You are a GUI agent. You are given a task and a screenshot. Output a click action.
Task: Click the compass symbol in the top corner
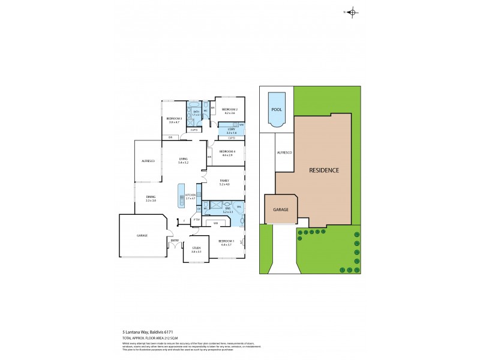pos(352,12)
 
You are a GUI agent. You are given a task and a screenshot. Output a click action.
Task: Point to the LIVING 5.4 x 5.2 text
pos(183,160)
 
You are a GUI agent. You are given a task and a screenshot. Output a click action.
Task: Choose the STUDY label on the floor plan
pos(196,248)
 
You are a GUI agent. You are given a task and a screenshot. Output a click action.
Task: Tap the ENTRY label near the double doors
pos(175,241)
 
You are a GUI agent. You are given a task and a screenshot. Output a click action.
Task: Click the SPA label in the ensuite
pos(239,208)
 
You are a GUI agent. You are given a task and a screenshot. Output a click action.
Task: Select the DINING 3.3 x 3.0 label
pos(150,198)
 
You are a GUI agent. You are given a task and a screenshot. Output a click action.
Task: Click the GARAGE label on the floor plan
pos(141,235)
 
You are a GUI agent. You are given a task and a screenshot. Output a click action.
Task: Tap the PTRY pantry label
pos(196,220)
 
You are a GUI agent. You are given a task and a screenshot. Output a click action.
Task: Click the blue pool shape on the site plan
pos(276,109)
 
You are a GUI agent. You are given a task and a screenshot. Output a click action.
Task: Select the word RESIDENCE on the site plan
pos(324,170)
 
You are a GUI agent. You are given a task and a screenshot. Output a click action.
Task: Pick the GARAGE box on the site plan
pos(281,209)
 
